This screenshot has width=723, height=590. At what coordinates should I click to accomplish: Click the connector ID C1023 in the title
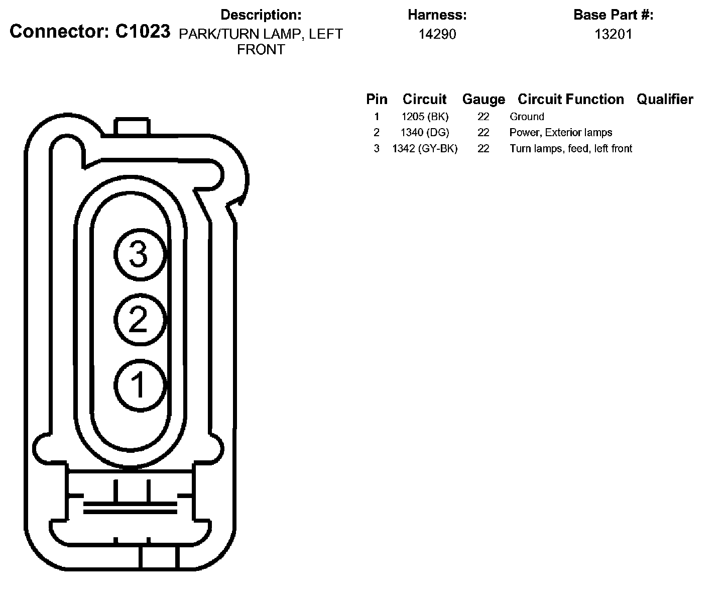coord(143,31)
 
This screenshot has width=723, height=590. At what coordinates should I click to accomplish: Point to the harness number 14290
coord(437,34)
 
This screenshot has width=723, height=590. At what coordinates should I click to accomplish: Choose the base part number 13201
coord(613,34)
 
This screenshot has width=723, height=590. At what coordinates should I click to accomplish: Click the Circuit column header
coord(424,99)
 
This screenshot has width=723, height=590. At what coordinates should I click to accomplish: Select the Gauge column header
coord(484,100)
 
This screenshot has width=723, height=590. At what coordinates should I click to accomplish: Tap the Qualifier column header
coord(665,99)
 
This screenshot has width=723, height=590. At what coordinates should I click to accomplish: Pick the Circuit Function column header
coord(570,99)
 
